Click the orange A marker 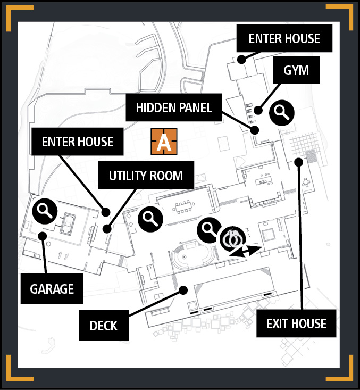(x=164, y=142)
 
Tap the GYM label (x=296, y=70)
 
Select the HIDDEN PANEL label (x=173, y=107)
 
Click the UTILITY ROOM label (x=146, y=175)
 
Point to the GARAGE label (x=52, y=288)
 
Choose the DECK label (x=103, y=325)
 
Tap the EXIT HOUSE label (x=296, y=323)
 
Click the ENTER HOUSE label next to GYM (x=284, y=38)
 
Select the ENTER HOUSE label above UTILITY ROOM (x=77, y=142)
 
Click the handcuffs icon (x=233, y=239)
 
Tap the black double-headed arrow (x=246, y=251)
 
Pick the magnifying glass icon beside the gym (x=282, y=113)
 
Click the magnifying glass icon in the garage (x=45, y=211)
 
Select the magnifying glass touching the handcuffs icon (x=209, y=230)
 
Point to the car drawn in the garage (x=68, y=223)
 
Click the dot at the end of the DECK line (x=183, y=290)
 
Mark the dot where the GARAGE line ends (x=43, y=236)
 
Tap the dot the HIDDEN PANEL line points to (x=255, y=130)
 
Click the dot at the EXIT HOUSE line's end (x=299, y=162)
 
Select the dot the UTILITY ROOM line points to (x=107, y=229)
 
